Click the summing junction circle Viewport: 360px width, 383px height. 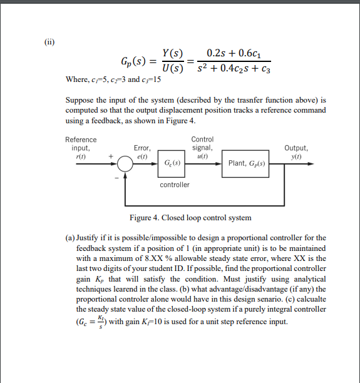125,163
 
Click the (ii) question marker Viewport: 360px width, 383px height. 49,43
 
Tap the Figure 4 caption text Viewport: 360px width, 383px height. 190,217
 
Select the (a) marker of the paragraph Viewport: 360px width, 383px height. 70,238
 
